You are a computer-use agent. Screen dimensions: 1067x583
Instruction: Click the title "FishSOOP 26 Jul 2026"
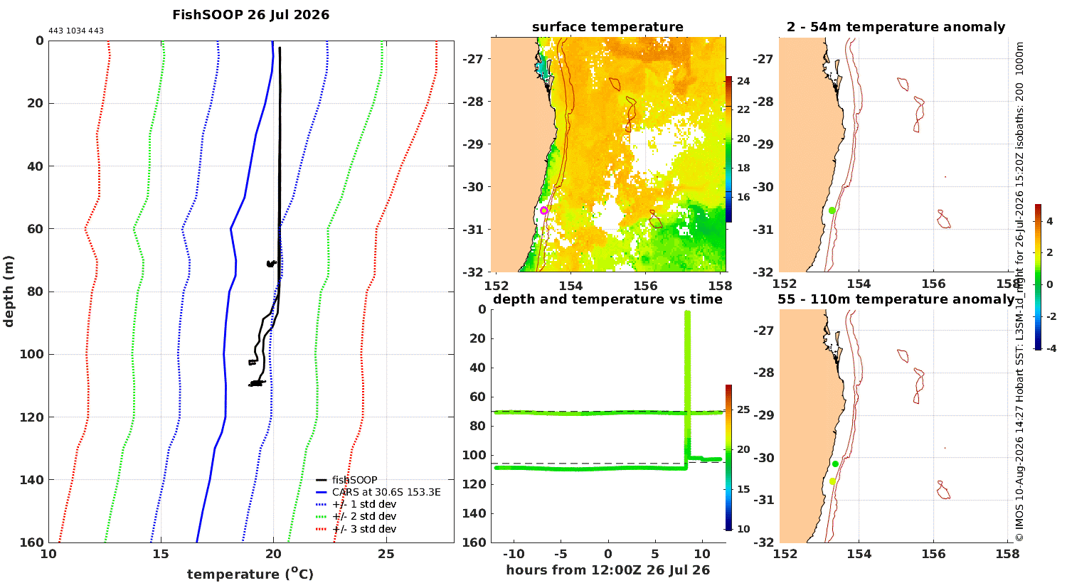point(250,15)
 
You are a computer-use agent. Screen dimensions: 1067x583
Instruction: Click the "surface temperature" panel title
point(607,27)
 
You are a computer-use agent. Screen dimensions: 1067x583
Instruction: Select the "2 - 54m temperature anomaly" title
point(896,27)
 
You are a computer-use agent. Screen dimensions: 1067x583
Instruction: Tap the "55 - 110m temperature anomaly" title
point(896,299)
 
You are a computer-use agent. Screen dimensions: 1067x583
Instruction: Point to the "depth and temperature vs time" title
point(607,299)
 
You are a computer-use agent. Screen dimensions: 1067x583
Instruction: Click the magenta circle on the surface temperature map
point(544,210)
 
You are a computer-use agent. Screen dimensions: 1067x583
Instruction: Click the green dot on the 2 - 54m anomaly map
point(832,210)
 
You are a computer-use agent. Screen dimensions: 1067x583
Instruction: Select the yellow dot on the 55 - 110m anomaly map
point(832,481)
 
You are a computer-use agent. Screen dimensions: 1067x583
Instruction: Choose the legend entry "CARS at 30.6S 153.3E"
point(386,492)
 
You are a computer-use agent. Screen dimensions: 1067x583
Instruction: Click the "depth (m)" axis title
point(9,291)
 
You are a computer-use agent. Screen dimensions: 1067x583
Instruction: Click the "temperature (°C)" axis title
point(250,574)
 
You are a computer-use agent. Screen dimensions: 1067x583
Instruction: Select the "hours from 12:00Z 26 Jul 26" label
point(607,570)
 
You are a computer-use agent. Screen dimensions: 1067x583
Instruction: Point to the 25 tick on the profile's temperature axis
point(386,555)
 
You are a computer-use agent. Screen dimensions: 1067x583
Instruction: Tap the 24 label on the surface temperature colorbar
point(743,81)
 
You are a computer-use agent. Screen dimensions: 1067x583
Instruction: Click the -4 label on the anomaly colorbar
point(1051,348)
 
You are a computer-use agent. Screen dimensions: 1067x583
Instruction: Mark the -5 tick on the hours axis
point(561,554)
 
